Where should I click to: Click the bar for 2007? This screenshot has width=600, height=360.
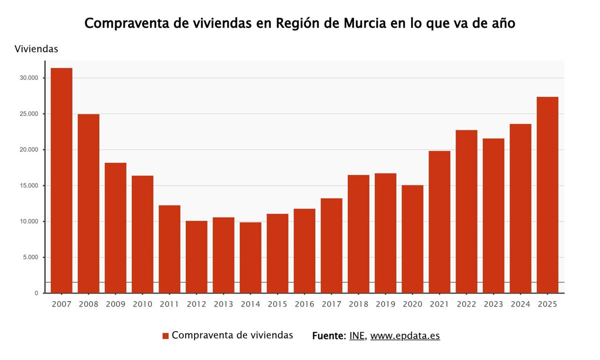tap(61, 180)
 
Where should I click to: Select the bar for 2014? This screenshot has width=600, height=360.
tap(250, 257)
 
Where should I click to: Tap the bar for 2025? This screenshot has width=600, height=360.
tap(547, 195)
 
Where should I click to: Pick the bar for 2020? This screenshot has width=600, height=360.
tap(412, 239)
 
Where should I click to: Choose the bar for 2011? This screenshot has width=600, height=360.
tap(169, 249)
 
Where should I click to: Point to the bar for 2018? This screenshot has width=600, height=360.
tap(358, 234)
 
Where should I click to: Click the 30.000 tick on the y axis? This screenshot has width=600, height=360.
tap(29, 78)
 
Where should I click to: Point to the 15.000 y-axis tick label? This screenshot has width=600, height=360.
tap(29, 185)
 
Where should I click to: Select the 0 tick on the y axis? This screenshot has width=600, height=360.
tap(36, 293)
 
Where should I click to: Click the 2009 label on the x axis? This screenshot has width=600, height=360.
tap(115, 304)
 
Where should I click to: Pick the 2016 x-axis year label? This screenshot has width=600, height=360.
tap(304, 304)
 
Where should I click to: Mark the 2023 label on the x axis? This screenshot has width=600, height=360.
tap(493, 304)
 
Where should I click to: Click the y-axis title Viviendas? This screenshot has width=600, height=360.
tap(36, 49)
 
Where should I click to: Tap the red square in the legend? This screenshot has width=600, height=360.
tap(165, 336)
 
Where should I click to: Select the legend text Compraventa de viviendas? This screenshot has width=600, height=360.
tap(232, 335)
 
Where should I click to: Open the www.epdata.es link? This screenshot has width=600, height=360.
tap(405, 335)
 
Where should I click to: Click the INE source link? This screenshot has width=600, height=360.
tap(357, 335)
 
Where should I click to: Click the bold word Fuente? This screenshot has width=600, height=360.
tap(328, 335)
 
